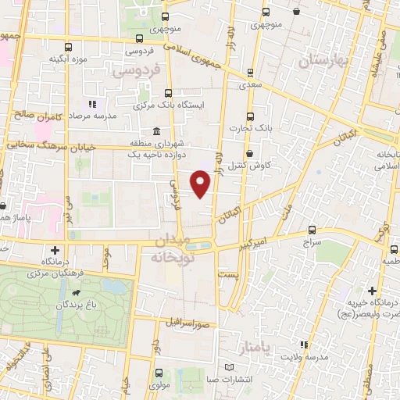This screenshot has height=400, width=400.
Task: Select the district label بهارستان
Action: (x=316, y=60)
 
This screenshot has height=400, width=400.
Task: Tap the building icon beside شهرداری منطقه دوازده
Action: (x=158, y=130)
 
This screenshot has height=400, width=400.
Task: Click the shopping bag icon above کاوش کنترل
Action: (x=249, y=154)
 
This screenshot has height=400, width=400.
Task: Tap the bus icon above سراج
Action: (x=312, y=230)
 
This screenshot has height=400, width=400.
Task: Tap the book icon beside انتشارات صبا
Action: (x=228, y=367)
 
